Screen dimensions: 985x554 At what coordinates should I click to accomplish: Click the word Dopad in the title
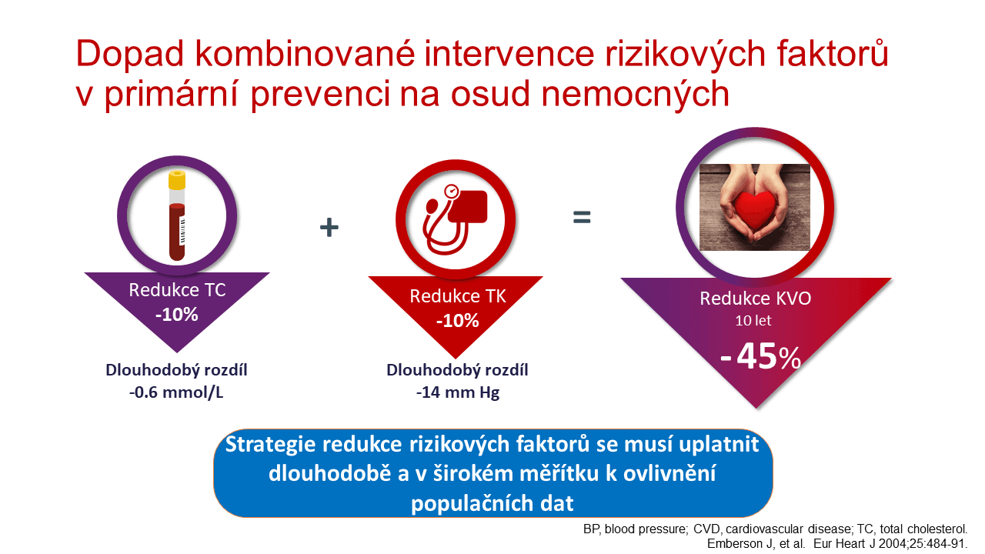130,54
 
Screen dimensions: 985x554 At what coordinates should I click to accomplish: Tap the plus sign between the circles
329,227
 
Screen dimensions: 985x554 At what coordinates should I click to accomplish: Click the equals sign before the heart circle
582,217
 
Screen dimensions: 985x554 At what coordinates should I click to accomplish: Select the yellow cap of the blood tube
177,179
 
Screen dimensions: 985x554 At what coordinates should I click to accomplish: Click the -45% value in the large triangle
760,355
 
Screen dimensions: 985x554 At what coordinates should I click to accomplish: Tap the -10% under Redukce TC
177,315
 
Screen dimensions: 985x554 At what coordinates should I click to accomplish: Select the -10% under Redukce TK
457,321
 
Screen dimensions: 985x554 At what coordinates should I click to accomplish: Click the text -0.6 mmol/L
176,392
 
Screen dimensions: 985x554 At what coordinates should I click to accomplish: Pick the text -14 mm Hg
458,392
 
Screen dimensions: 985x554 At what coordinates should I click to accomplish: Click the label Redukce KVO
756,299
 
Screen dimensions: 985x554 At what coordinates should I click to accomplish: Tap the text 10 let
753,321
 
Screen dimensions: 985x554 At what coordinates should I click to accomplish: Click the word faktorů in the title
833,54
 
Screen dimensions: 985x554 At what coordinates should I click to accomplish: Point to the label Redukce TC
177,290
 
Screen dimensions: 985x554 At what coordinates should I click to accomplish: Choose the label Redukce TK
458,296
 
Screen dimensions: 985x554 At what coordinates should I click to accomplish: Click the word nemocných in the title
635,94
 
